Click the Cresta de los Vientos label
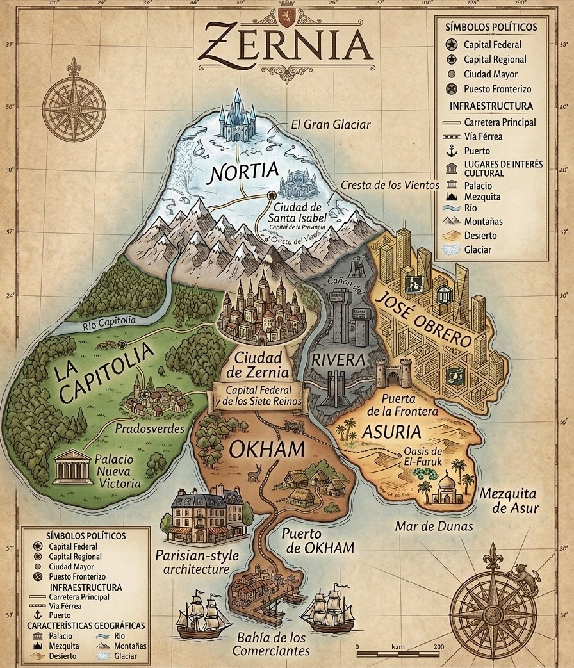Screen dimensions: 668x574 point(390,185)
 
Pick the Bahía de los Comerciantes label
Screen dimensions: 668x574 point(271,644)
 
